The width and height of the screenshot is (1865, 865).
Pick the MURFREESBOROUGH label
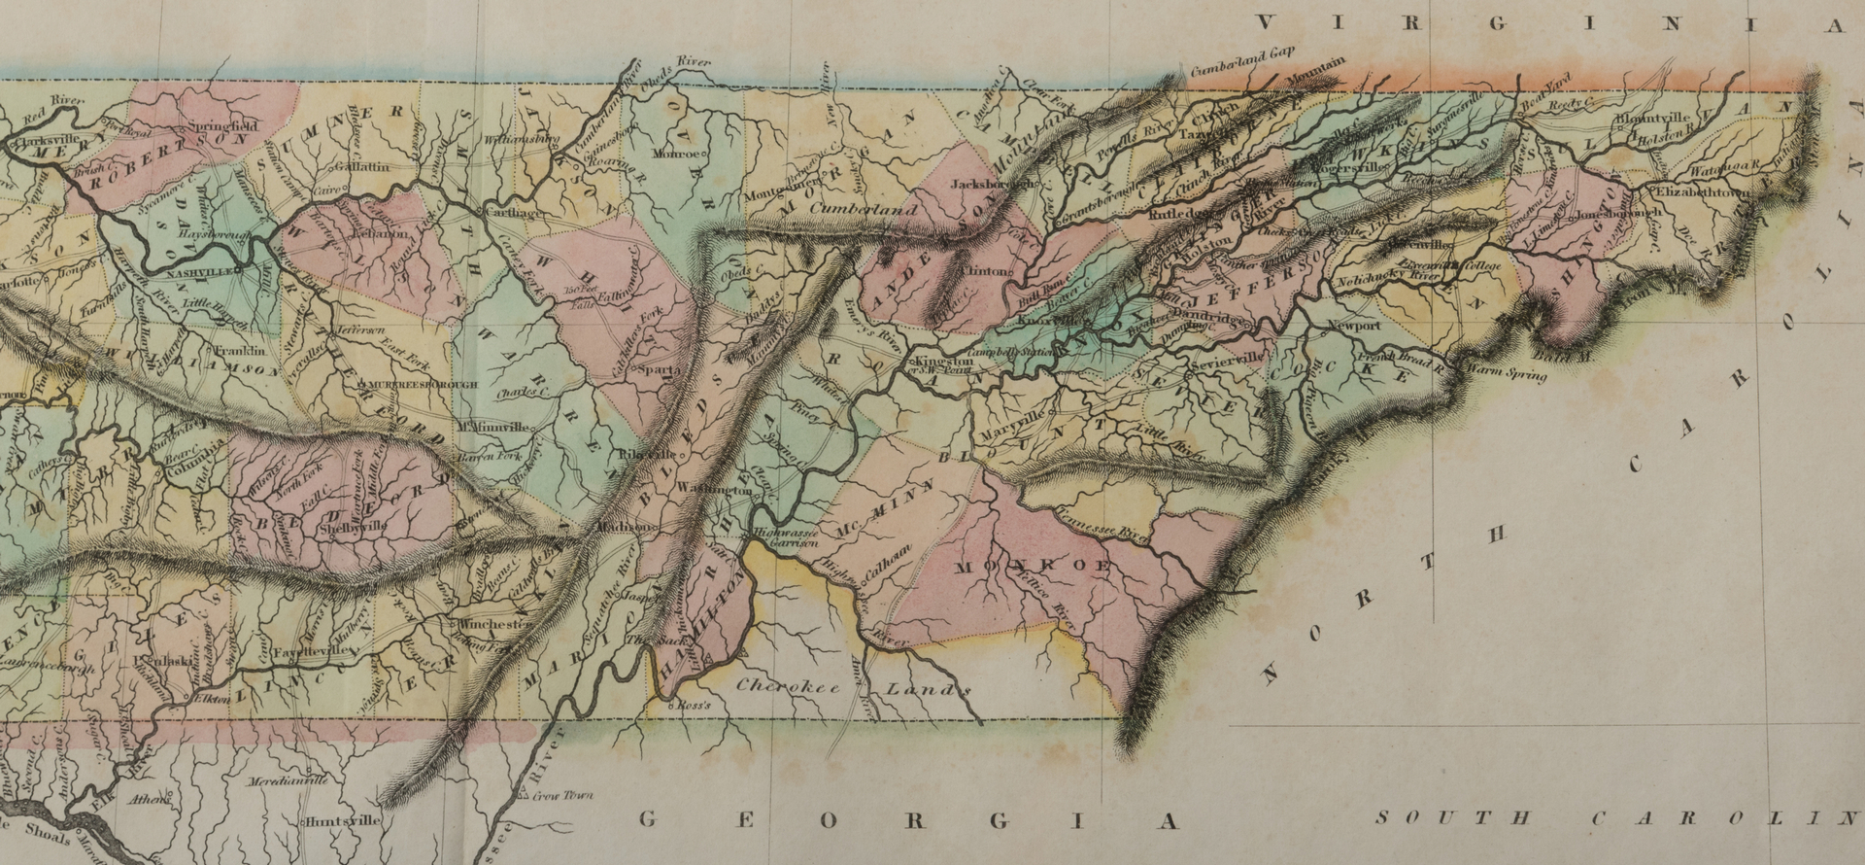click(x=424, y=385)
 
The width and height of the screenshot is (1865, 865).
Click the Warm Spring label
click(x=1505, y=370)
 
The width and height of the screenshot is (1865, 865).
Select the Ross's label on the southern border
click(x=695, y=705)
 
